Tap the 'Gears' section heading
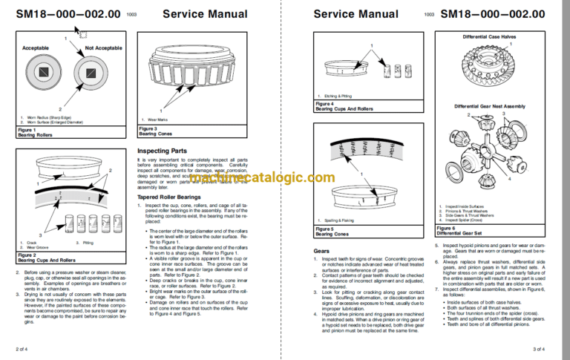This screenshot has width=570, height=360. pyautogui.click(x=321, y=252)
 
